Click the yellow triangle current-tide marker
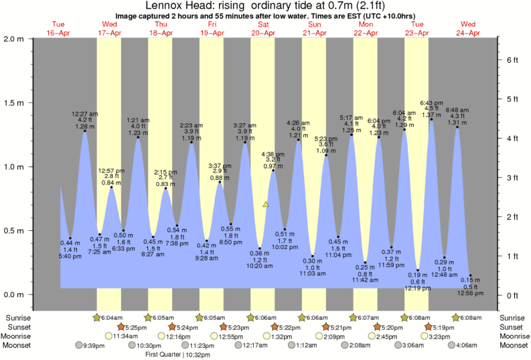coord(266,204)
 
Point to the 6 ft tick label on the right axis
coord(512,60)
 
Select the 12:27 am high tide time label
coord(84,113)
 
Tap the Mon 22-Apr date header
coord(366,28)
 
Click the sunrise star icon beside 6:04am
coord(96,317)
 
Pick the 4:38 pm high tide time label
coord(273,154)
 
